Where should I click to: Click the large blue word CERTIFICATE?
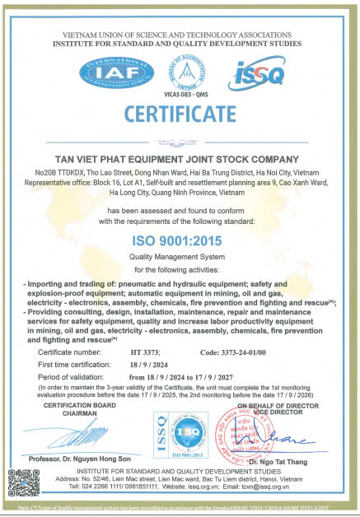pyautogui.click(x=179, y=113)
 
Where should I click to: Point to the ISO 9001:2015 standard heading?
pyautogui.click(x=179, y=240)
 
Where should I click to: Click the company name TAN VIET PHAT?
pyautogui.click(x=179, y=159)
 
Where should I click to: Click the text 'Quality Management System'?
pyautogui.click(x=179, y=256)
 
